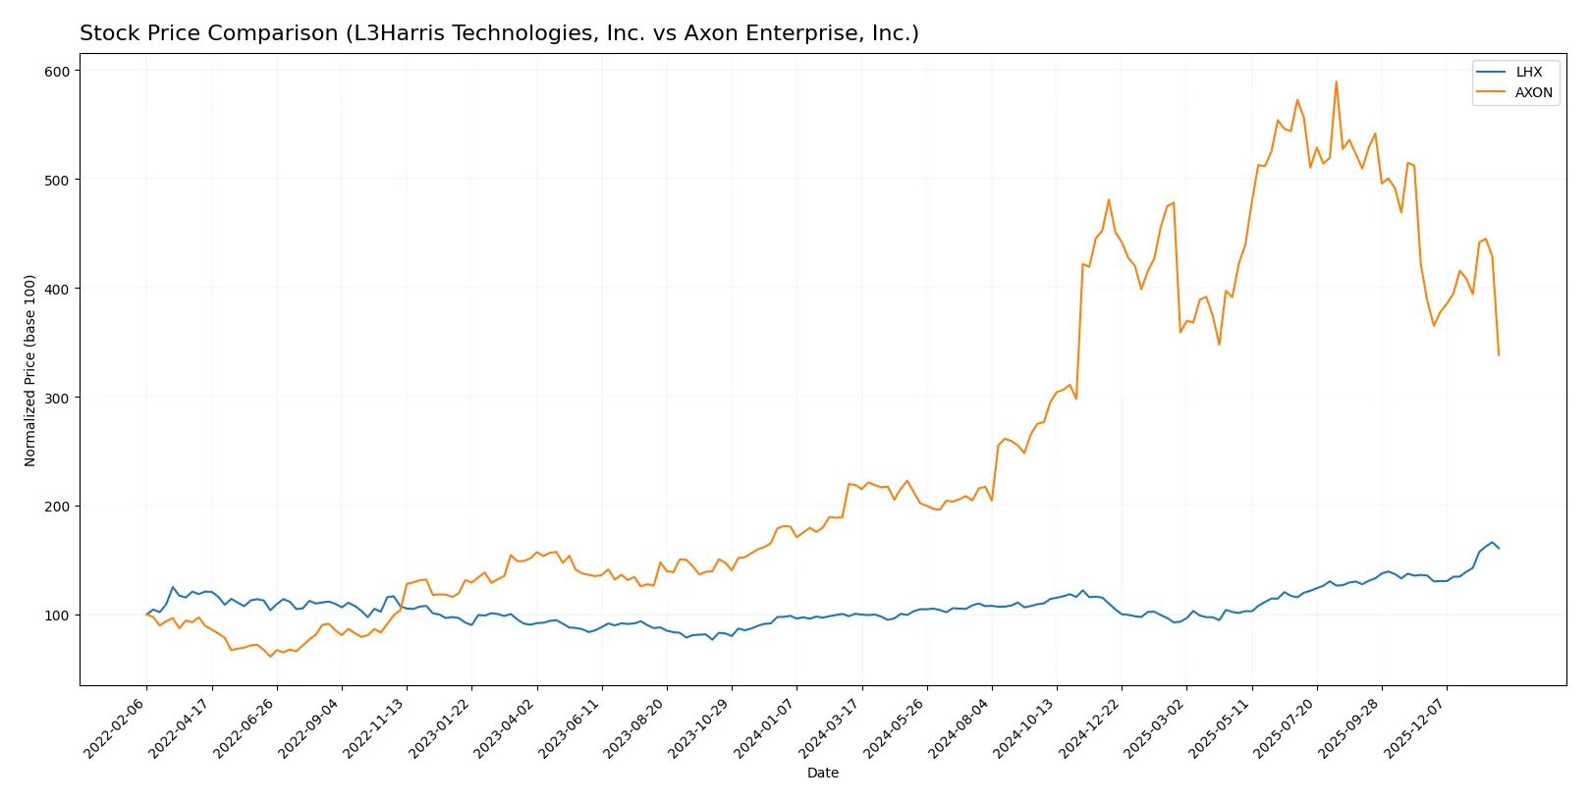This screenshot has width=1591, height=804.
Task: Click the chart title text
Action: [x=499, y=33]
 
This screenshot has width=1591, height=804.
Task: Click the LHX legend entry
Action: [x=1528, y=72]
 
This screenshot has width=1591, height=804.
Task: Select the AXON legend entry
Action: [x=1532, y=92]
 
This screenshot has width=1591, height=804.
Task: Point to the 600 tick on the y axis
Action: [x=57, y=71]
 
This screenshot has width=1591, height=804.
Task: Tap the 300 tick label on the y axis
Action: [x=57, y=398]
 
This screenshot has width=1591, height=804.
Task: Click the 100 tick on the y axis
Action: [x=57, y=616]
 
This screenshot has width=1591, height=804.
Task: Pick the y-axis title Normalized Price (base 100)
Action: [x=30, y=370]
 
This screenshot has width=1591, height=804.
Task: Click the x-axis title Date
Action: [x=822, y=773]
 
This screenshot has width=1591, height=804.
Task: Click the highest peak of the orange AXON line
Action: [x=1336, y=82]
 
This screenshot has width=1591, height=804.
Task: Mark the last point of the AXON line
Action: [x=1499, y=354]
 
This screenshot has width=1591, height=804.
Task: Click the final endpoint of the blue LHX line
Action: [x=1499, y=548]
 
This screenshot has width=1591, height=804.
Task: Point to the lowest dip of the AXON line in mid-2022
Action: [x=270, y=656]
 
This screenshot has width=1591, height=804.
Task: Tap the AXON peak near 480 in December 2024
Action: [x=1109, y=200]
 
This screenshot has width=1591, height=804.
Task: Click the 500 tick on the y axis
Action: [x=57, y=180]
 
